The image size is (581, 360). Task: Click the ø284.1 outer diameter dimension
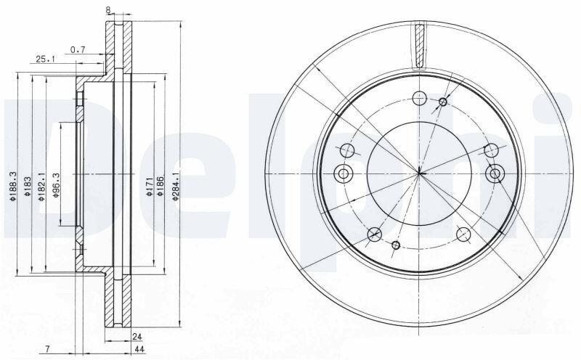click(x=176, y=186)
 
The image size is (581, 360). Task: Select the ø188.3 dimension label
click(x=14, y=187)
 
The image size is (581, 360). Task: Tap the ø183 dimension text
click(x=28, y=187)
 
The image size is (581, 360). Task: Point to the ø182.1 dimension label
click(x=41, y=187)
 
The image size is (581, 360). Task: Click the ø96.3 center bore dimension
click(x=56, y=185)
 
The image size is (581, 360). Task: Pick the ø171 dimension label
click(x=149, y=187)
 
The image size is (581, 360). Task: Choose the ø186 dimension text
click(x=160, y=187)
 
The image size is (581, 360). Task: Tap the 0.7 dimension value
click(x=78, y=49)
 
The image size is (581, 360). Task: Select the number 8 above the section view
click(x=108, y=11)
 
